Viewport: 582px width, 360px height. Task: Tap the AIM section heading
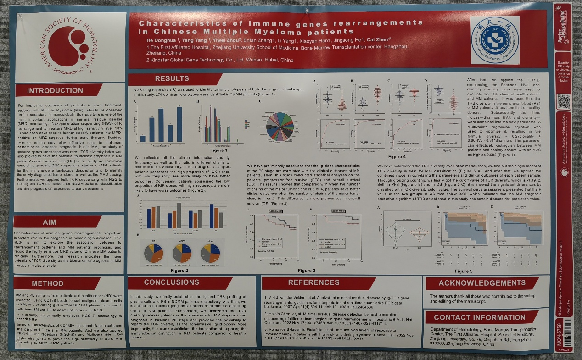click(50, 222)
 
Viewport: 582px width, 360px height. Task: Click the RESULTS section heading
click(172, 78)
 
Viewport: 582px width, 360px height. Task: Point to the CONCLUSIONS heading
click(172, 282)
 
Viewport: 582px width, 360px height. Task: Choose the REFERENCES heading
click(313, 282)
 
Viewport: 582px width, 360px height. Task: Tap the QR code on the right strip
click(563, 100)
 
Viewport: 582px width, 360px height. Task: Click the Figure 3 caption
click(307, 271)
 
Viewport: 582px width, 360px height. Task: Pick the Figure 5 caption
click(463, 271)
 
